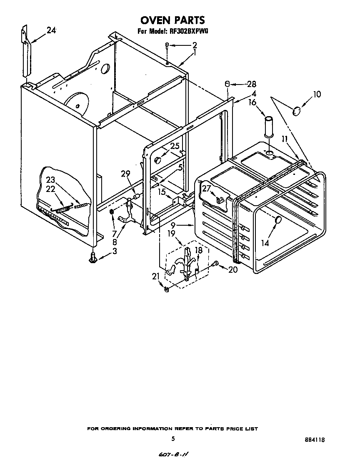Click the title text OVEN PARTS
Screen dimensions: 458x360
click(172, 20)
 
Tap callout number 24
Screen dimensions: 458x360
click(51, 30)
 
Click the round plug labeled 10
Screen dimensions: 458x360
click(297, 111)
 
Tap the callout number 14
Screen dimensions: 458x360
click(265, 242)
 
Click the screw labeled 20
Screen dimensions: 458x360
click(215, 263)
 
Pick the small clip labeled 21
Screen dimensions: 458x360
click(166, 290)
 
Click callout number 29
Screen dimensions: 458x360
click(125, 174)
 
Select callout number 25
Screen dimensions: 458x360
click(175, 146)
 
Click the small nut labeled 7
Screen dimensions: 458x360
click(112, 212)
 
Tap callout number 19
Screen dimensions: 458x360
click(171, 234)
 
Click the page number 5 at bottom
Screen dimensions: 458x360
click(172, 438)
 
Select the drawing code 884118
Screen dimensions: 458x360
click(315, 439)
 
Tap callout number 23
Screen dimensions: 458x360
click(51, 180)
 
